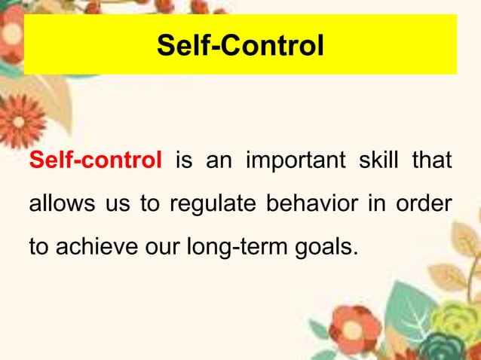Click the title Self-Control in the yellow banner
240,46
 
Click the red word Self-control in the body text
95,160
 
